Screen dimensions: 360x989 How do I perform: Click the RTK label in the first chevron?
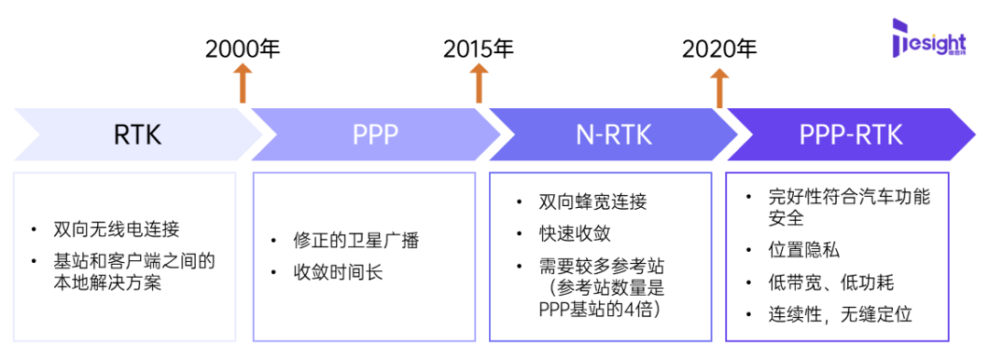pos(137,135)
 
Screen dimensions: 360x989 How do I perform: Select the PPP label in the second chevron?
pos(375,135)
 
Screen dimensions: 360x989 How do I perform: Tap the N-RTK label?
pos(614,135)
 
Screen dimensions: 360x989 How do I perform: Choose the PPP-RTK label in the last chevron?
pos(851,135)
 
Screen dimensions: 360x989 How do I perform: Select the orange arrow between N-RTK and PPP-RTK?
pos(720,88)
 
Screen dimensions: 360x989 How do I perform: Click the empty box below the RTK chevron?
pos(125,256)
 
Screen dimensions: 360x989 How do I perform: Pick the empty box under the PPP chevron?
pos(364,256)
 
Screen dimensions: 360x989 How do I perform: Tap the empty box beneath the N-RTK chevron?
pos(600,256)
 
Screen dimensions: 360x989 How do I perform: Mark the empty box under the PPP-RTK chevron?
pos(836,256)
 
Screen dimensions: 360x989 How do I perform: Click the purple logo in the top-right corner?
pos(927,38)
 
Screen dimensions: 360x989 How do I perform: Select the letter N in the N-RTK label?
pos(584,135)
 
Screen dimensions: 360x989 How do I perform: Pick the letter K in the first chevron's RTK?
pos(153,135)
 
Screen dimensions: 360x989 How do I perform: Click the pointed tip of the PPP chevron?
pos(499,135)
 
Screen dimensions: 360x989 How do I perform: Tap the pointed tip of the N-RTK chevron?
pos(736,135)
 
